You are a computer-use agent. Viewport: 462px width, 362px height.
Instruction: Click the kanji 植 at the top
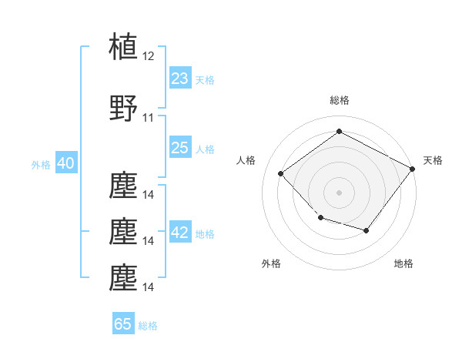[123, 46]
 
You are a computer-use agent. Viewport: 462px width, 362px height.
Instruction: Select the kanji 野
[123, 108]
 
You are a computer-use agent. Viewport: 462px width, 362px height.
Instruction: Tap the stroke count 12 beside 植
[148, 56]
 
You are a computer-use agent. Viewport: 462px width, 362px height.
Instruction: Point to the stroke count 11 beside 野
[148, 118]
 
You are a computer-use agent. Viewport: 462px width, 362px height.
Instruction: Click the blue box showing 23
[180, 78]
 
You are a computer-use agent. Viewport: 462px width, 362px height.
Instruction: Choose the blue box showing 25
[180, 147]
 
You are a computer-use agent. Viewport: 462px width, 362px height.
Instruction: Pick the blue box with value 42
[180, 231]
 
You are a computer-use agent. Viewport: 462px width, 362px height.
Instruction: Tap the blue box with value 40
[66, 163]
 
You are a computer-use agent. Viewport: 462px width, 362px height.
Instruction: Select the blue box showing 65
[123, 323]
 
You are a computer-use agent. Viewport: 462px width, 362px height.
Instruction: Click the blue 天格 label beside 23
[205, 80]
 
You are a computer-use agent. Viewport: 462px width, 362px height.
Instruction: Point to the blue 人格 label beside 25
[205, 149]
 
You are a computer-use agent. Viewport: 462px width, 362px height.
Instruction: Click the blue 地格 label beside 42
[205, 234]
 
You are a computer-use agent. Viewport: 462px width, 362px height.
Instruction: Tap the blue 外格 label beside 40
[41, 165]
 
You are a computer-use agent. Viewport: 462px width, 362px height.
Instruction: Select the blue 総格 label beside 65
[148, 326]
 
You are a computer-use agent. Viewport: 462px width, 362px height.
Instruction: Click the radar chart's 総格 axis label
[340, 100]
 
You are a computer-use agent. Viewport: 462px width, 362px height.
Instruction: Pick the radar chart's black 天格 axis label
[433, 160]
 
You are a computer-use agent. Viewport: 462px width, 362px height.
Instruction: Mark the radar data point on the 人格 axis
[281, 173]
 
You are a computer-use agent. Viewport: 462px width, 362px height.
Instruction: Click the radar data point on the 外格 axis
[321, 218]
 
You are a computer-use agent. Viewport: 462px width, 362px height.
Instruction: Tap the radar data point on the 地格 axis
[367, 230]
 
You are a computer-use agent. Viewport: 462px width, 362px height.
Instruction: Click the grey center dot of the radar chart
[339, 193]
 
